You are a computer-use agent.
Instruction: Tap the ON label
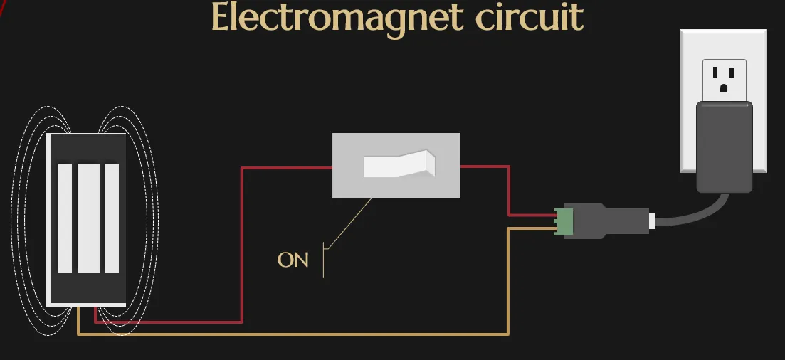click(293, 260)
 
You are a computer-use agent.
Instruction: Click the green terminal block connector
click(565, 221)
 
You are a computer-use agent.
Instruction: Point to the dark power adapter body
click(724, 146)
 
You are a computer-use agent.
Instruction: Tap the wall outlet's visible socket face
click(724, 77)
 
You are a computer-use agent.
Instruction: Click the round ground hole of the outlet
click(724, 88)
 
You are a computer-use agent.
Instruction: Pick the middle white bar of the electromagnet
click(88, 218)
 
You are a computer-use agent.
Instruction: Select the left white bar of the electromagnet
click(65, 218)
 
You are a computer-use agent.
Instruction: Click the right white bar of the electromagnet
click(112, 218)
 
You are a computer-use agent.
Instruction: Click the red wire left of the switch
click(243, 242)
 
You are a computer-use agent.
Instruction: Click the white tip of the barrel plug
click(652, 221)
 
